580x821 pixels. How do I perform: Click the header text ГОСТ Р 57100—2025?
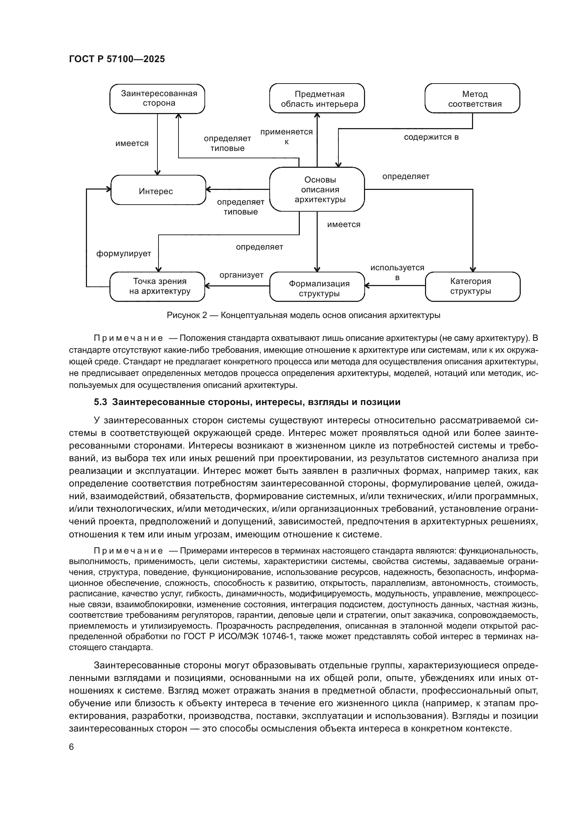pos(117,59)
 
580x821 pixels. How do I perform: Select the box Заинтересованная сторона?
pos(157,99)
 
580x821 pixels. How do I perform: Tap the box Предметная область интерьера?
pos(317,99)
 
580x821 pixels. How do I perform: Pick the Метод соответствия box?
pos(472,99)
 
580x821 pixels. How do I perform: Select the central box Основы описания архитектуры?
pos(317,189)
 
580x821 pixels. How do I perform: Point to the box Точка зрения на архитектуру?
pos(157,286)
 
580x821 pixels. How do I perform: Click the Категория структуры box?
pos(472,286)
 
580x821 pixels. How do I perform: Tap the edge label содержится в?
pos(431,137)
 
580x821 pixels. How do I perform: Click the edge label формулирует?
pos(123,254)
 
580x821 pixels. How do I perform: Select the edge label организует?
pos(241,275)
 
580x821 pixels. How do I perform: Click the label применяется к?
pos(286,137)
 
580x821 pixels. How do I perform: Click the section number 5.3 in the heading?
pos(100,402)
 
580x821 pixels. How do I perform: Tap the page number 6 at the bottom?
pos(72,747)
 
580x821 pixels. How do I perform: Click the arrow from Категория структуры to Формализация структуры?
pos(394,285)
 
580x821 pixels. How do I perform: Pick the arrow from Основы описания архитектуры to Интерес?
pos(237,189)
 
